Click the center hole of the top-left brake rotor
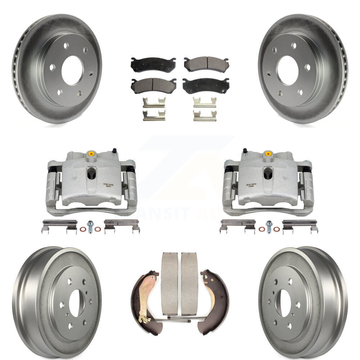(x=72, y=70)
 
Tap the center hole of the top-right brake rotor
(x=287, y=70)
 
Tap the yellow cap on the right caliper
(x=268, y=154)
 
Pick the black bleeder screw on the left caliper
(x=114, y=150)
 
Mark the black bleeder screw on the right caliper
(x=245, y=150)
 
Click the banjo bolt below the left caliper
(x=90, y=226)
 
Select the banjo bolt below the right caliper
(x=269, y=226)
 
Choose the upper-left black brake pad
(x=153, y=65)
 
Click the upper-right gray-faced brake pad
(x=206, y=64)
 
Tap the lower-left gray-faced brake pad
(x=153, y=85)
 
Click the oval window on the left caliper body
(x=91, y=174)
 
